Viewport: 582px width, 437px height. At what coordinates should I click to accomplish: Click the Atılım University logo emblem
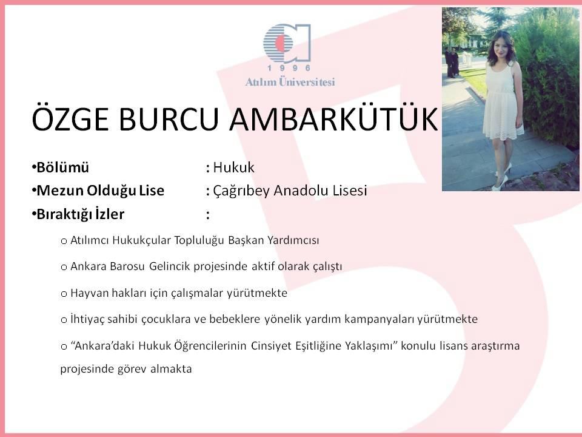point(287,42)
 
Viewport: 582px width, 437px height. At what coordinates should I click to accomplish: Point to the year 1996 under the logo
point(289,68)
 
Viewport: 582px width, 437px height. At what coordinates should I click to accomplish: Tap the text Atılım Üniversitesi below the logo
point(290,82)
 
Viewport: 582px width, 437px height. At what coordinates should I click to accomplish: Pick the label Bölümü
point(62,168)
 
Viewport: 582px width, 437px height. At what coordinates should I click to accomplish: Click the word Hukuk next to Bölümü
point(234,168)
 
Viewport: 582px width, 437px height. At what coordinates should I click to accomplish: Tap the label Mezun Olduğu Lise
point(100,191)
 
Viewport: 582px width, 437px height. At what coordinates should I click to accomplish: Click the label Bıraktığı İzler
point(80,214)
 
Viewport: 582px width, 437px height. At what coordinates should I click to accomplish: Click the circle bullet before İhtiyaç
point(64,320)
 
